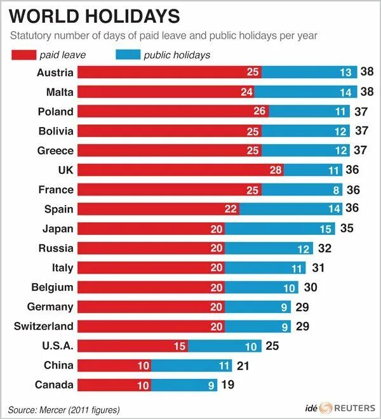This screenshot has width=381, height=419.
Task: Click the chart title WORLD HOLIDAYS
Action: click(x=94, y=16)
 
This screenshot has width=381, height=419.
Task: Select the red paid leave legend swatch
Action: click(x=28, y=55)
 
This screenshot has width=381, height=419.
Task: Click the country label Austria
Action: click(x=55, y=72)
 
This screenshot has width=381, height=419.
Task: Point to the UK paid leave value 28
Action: click(x=275, y=170)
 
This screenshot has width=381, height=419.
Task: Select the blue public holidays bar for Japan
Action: click(x=280, y=229)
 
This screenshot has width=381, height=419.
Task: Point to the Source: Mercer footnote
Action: click(x=64, y=409)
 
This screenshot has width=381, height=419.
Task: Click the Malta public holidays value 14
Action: click(x=345, y=92)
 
